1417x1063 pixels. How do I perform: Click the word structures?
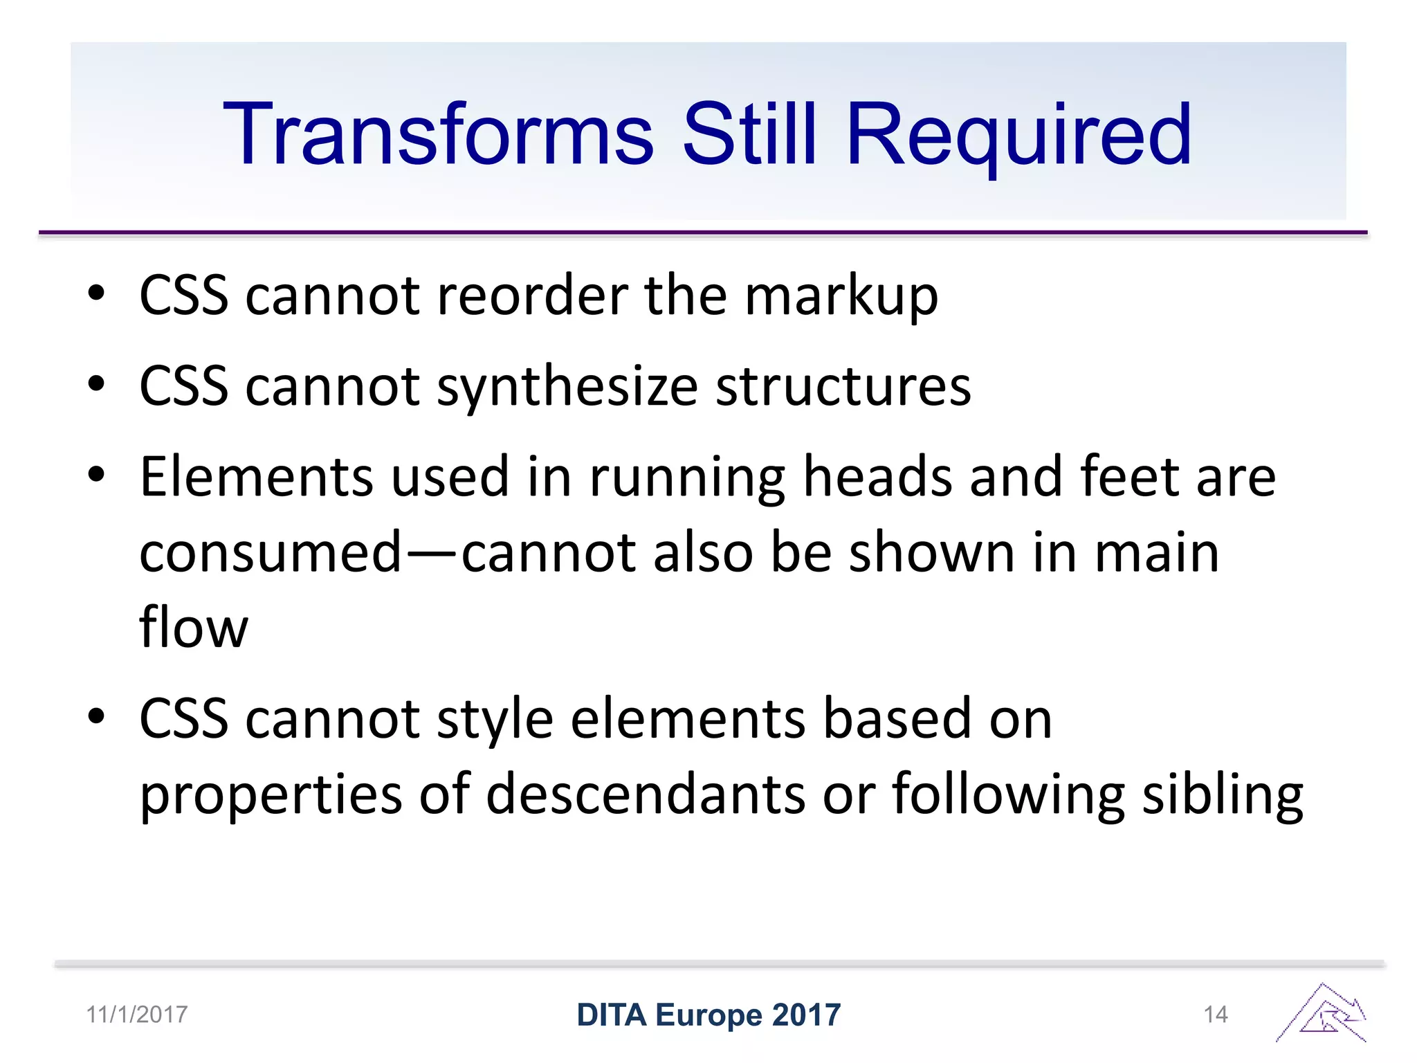pyautogui.click(x=843, y=386)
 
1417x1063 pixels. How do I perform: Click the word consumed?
pyautogui.click(x=271, y=553)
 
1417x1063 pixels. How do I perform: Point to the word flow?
pyautogui.click(x=194, y=628)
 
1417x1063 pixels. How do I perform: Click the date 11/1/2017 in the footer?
pyautogui.click(x=137, y=1015)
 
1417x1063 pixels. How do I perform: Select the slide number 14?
pyautogui.click(x=1216, y=1015)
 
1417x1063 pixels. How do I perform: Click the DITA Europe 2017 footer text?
pyautogui.click(x=708, y=1015)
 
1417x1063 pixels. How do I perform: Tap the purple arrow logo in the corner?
pyautogui.click(x=1322, y=1013)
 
